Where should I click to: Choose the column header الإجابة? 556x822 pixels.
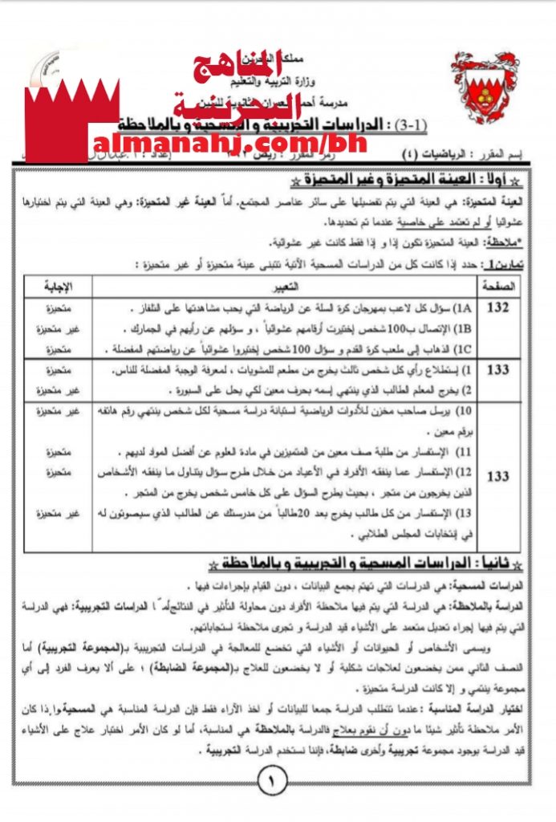click(58, 285)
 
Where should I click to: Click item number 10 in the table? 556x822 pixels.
click(464, 411)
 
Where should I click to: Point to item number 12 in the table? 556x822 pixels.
click(464, 471)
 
